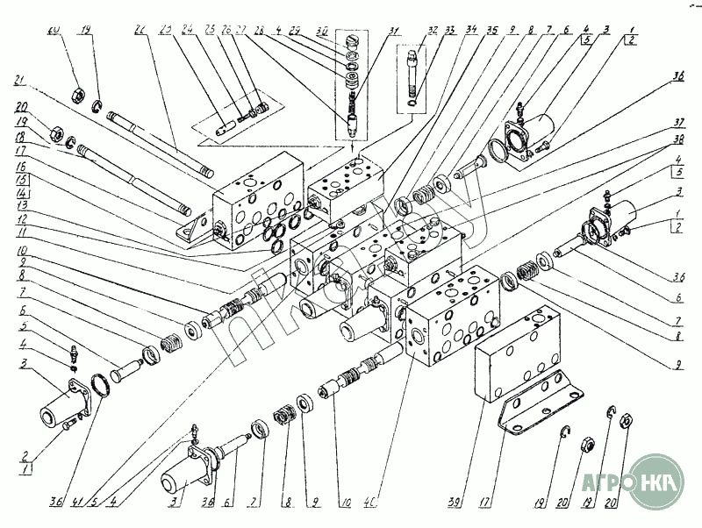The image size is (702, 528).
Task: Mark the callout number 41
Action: click(x=80, y=503)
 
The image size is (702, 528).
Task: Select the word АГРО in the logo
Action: click(x=606, y=482)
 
